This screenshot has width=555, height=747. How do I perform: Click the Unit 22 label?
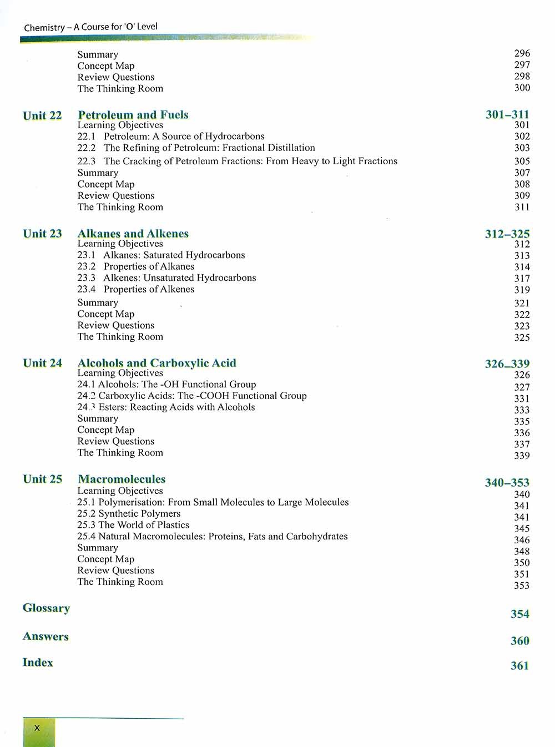coord(42,115)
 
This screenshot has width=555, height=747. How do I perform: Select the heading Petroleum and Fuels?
coord(133,115)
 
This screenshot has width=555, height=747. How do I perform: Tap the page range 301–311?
coord(507,114)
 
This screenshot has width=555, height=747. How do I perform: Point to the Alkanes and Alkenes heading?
coord(133,234)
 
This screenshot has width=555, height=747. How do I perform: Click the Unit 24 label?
coord(42,363)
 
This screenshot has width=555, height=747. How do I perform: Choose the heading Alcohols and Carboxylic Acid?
coord(157,363)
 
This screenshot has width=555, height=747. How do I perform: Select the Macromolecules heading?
coord(122,479)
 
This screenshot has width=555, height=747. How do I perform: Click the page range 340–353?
coord(507,482)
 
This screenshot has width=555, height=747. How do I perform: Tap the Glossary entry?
coord(46,608)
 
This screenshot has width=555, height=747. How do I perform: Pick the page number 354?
coord(520,614)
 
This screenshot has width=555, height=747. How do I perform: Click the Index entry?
coord(38,662)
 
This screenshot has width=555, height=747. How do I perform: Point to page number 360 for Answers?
coord(520,640)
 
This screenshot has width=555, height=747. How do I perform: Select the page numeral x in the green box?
coord(37,728)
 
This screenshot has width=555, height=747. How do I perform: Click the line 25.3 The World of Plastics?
coord(133,525)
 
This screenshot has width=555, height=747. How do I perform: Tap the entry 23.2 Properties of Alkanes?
coord(136,266)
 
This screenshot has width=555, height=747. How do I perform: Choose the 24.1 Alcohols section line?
coord(167,384)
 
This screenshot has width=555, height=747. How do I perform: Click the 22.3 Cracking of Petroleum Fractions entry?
coord(238,161)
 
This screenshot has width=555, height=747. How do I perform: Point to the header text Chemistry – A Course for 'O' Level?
coord(91,27)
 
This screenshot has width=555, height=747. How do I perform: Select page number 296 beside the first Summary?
coord(522,53)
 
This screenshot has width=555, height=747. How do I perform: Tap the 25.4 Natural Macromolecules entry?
coord(213,536)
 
